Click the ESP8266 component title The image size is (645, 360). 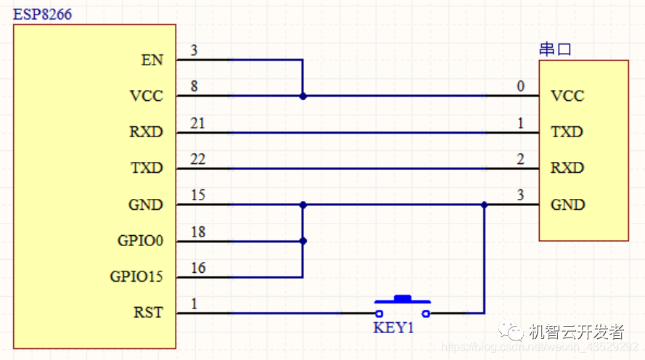[x=43, y=15]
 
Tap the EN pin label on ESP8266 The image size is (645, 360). [x=152, y=60]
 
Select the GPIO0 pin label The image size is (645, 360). [x=141, y=241]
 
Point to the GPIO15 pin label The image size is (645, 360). [x=136, y=277]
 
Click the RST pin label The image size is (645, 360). [x=148, y=314]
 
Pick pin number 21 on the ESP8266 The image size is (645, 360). [x=197, y=123]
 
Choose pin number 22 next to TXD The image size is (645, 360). [x=197, y=159]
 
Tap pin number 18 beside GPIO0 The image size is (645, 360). [x=197, y=232]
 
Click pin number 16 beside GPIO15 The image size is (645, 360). [x=197, y=268]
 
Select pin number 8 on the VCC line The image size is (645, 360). [x=194, y=87]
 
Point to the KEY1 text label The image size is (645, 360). [x=393, y=328]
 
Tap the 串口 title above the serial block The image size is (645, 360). [x=555, y=50]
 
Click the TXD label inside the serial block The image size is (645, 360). [x=567, y=132]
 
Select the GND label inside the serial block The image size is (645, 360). [x=567, y=205]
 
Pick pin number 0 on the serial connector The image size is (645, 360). [x=520, y=87]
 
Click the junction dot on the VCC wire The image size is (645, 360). [x=303, y=96]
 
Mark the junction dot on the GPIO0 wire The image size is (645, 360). [x=303, y=241]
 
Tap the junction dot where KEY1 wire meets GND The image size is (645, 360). [x=485, y=205]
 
